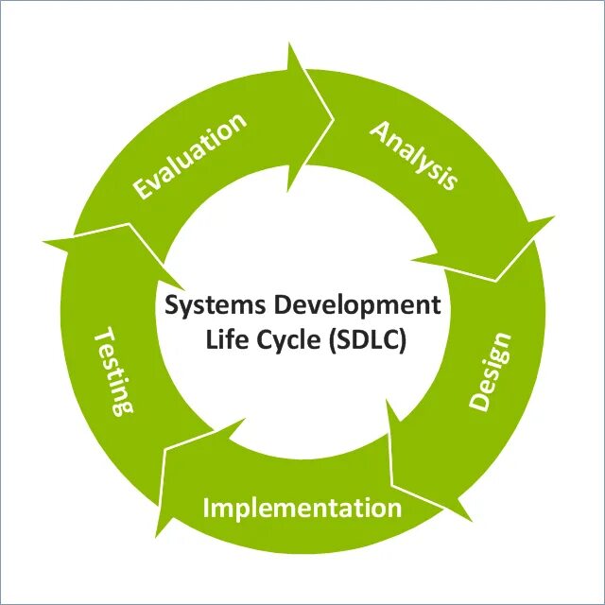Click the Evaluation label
(189, 156)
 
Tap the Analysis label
(413, 154)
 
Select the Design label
(491, 371)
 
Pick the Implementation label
(302, 508)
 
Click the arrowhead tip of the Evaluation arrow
(334, 119)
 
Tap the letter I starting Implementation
(207, 507)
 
